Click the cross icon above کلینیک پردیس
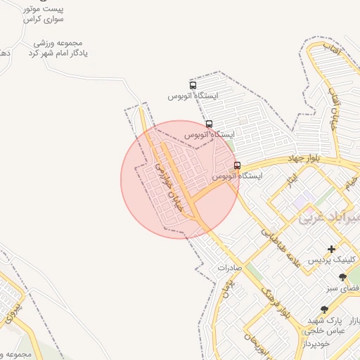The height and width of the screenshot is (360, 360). click(331, 249)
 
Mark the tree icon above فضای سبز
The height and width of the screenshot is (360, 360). click(342, 277)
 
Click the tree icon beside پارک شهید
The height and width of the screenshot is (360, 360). click(324, 309)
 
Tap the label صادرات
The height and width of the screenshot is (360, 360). click(229, 268)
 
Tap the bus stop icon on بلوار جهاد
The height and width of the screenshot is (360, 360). click(237, 165)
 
